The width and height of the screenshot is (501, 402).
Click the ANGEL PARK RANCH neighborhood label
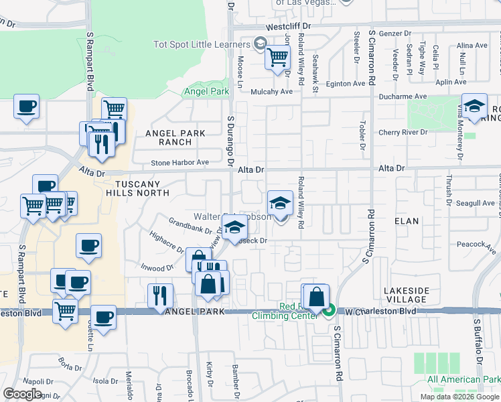(175, 137)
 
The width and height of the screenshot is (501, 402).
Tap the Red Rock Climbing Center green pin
(329, 311)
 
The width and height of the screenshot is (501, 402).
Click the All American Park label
(463, 380)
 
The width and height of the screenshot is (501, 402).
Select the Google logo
(22, 394)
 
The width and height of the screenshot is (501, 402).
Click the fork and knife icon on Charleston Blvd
(160, 295)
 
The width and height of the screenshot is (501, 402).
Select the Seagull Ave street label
(475, 203)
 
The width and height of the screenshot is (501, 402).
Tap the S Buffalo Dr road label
(479, 342)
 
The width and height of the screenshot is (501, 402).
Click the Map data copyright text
(459, 397)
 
